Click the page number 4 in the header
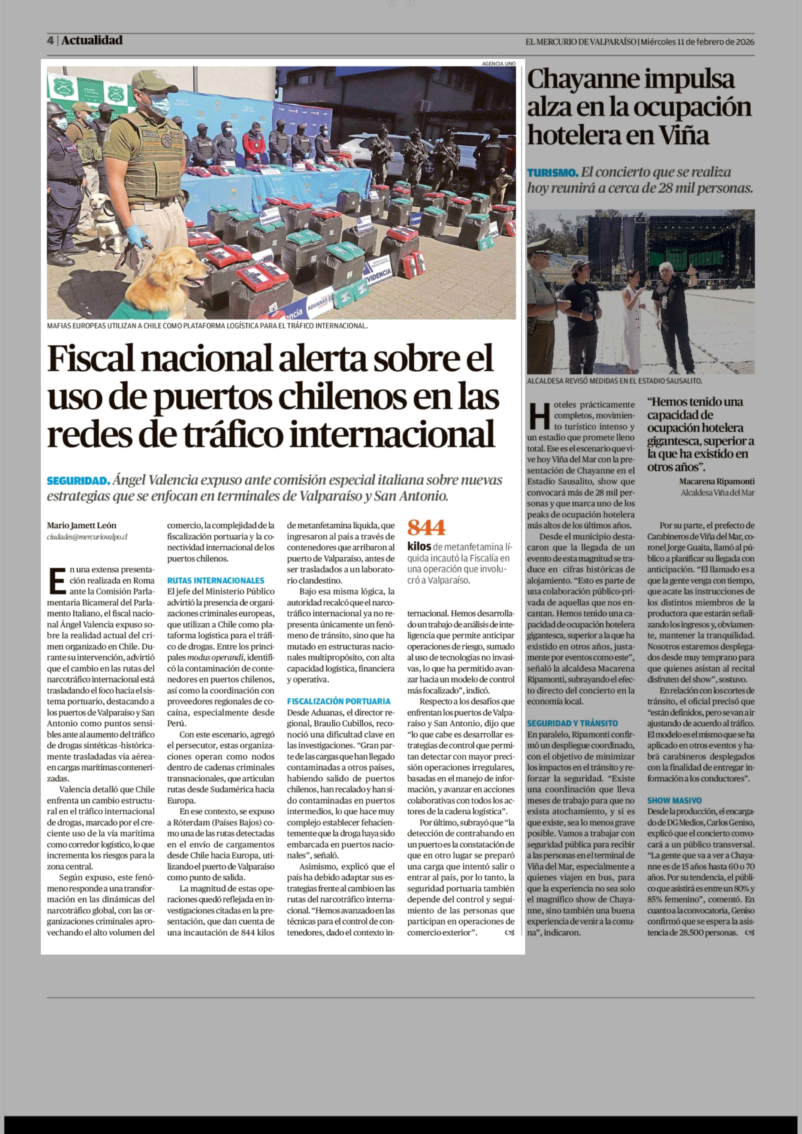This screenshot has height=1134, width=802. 50,41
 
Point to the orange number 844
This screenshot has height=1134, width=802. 426,528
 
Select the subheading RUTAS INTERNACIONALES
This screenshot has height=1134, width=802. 215,580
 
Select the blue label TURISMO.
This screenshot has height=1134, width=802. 552,173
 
